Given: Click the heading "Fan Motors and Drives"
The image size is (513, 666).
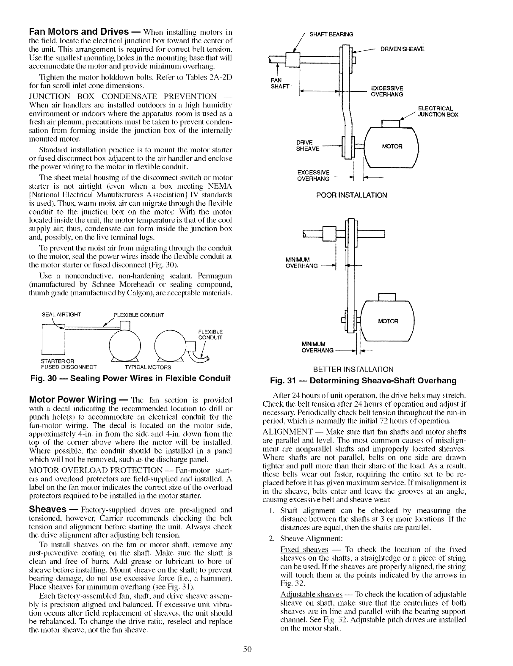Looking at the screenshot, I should (78, 32).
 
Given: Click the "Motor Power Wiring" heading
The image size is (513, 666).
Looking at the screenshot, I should (72, 399).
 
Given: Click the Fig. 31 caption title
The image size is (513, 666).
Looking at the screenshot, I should (364, 380).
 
